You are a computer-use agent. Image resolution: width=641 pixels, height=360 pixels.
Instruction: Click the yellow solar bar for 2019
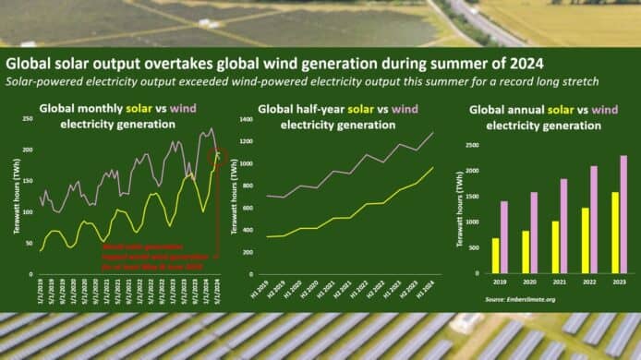click(x=495, y=256)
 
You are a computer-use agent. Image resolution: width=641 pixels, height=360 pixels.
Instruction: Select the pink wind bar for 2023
click(x=623, y=214)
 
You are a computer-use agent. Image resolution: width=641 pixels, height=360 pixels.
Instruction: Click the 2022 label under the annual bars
click(x=589, y=280)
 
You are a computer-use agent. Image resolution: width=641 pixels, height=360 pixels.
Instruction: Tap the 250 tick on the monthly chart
click(x=28, y=124)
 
